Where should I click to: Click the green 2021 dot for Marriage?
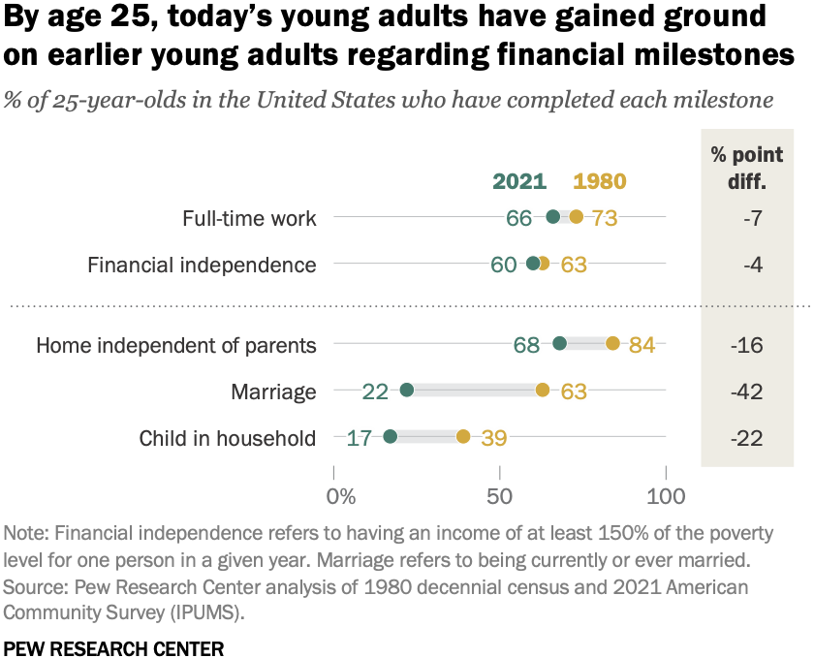[407, 391]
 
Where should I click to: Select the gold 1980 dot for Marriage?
[543, 391]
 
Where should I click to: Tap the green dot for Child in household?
[391, 437]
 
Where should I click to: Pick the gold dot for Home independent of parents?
[612, 344]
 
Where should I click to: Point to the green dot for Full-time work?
[552, 217]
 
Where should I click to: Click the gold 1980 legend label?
[600, 181]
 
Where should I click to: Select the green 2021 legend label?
[519, 181]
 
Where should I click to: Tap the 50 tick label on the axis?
[500, 496]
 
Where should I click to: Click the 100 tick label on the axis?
[666, 496]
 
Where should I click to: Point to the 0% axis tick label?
[340, 496]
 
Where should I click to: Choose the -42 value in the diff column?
[746, 392]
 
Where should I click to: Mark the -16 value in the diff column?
[746, 345]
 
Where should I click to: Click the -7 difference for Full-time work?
[746, 218]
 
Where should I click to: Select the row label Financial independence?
[202, 265]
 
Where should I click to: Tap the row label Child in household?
[228, 438]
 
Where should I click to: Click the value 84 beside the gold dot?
[642, 345]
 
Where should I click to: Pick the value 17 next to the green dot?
[360, 438]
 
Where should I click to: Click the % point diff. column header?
[746, 168]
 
